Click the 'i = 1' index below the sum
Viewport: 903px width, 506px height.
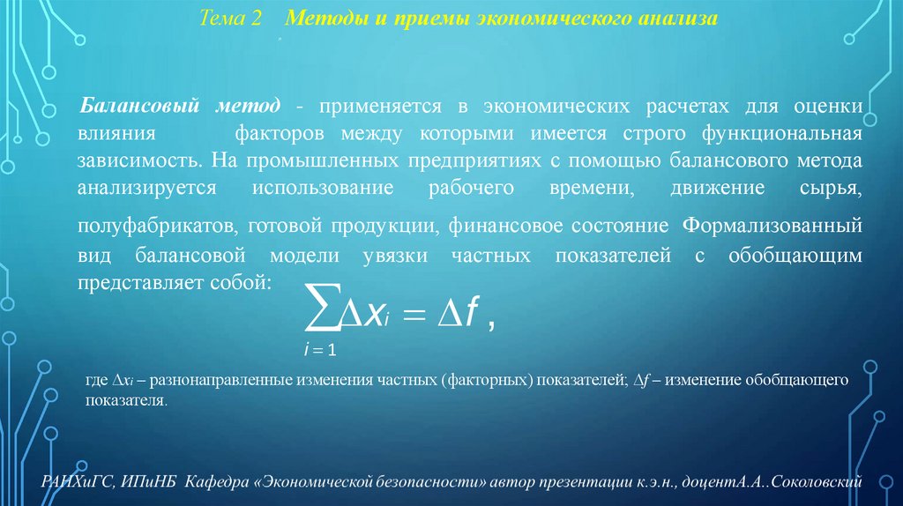click(x=318, y=350)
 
